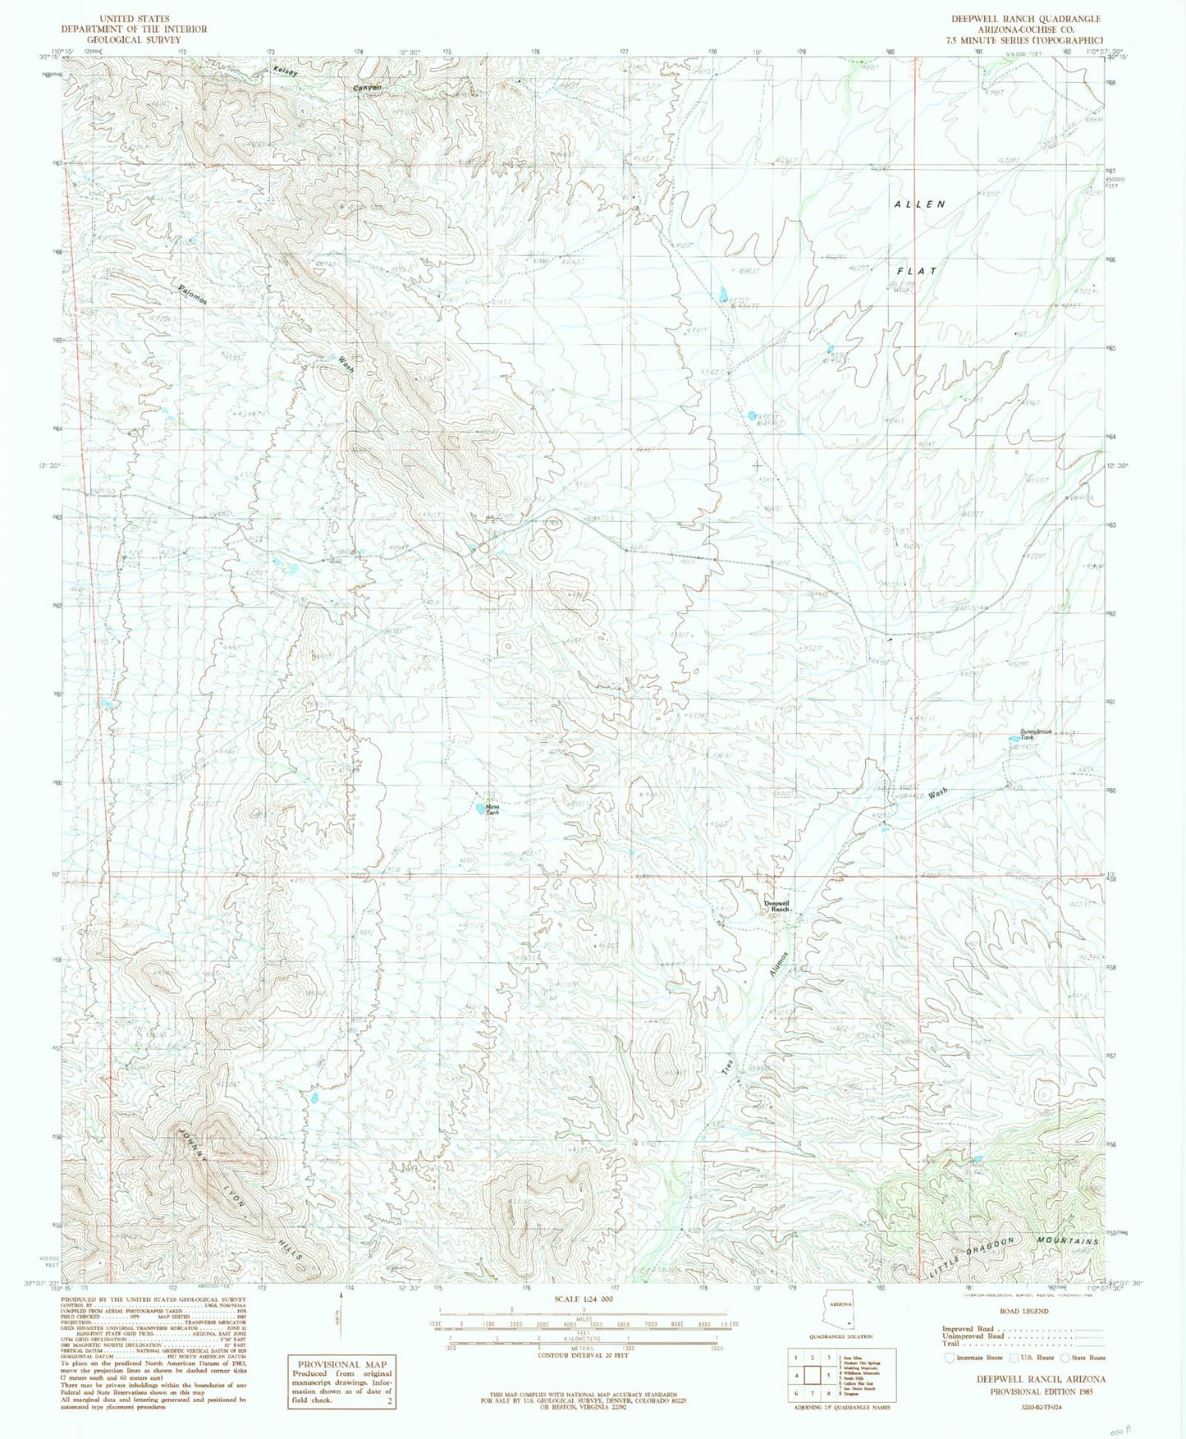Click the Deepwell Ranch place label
(776, 906)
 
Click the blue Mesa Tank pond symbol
(479, 809)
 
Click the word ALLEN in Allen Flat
(919, 204)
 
